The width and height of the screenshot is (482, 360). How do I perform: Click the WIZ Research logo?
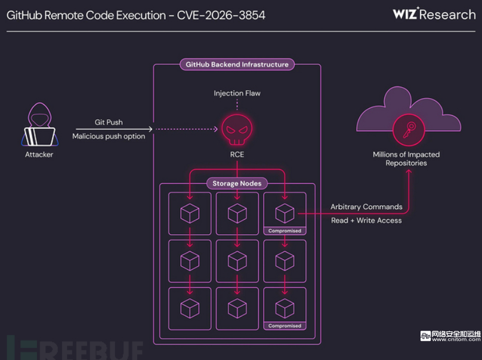point(434,14)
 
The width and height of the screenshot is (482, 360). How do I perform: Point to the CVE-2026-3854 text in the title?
point(221,14)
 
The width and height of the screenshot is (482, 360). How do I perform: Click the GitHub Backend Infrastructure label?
point(237,64)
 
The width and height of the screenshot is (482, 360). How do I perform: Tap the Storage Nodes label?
point(237,183)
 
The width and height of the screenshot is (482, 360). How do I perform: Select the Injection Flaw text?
point(237,93)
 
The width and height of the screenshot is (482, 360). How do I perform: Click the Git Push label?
point(109,122)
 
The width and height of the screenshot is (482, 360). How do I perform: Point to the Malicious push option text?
point(109,136)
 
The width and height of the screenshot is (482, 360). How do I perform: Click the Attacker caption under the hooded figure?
point(39,155)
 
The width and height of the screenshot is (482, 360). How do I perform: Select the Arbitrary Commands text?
point(366,207)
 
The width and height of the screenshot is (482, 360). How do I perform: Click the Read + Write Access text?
point(366,220)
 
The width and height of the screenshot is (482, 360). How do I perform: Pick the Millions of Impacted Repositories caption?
point(406,158)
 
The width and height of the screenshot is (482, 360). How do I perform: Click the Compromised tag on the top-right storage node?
point(285,230)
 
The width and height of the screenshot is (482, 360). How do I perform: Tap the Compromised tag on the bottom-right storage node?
point(285,326)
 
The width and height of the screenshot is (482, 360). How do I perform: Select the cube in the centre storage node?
point(237,260)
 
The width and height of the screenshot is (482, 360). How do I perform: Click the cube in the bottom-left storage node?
point(190,308)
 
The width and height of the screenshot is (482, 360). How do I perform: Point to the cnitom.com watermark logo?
point(449,336)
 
